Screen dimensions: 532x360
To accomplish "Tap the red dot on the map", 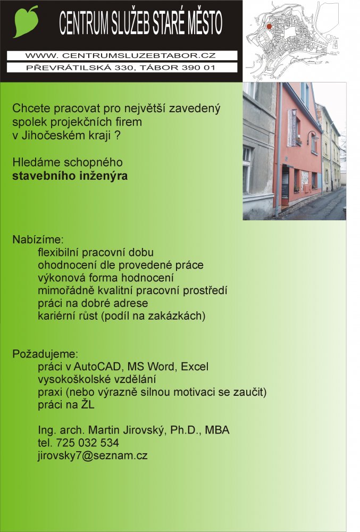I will tap(269, 26).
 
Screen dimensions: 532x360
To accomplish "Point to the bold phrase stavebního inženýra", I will tap(70, 176).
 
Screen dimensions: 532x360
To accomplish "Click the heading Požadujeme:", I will tap(38, 354).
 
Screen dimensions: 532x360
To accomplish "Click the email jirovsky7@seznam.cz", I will tap(93, 455).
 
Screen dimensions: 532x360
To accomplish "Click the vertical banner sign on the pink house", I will tap(292, 128).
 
